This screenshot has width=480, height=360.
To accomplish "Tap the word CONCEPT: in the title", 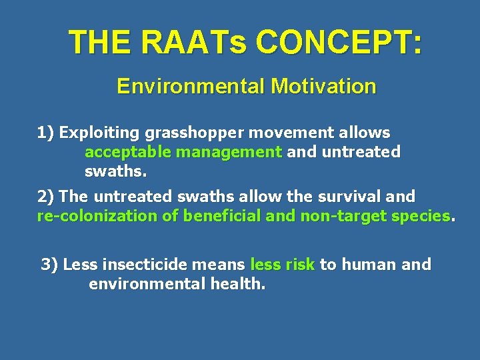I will tap(339, 43).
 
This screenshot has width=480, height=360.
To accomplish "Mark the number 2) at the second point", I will tap(47, 197).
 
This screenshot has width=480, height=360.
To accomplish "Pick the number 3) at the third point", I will tap(50, 265).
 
